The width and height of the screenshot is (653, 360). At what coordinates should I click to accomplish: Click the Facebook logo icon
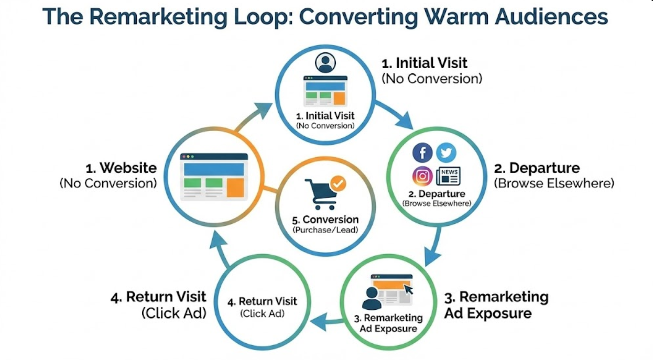[x=422, y=153]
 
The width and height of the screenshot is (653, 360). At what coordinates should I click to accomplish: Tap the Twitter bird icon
[x=446, y=152]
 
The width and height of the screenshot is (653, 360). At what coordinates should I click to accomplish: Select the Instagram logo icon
[x=422, y=176]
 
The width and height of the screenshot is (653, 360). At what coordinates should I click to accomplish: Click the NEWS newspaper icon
[x=448, y=176]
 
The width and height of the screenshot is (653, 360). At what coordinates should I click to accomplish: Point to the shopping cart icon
[x=321, y=193]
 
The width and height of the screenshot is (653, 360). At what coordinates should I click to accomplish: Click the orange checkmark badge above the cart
[x=338, y=183]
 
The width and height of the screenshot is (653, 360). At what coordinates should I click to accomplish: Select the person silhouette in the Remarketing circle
[x=372, y=298]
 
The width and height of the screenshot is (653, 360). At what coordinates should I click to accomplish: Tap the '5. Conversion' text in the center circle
[x=325, y=220]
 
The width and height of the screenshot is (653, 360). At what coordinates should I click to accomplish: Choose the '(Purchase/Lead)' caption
[x=325, y=230]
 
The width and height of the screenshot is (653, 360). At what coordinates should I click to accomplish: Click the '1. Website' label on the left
[x=121, y=168]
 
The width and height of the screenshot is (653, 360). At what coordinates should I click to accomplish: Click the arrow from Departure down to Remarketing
[x=432, y=248]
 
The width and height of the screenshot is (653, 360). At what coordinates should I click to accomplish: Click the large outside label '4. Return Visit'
[x=158, y=297]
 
